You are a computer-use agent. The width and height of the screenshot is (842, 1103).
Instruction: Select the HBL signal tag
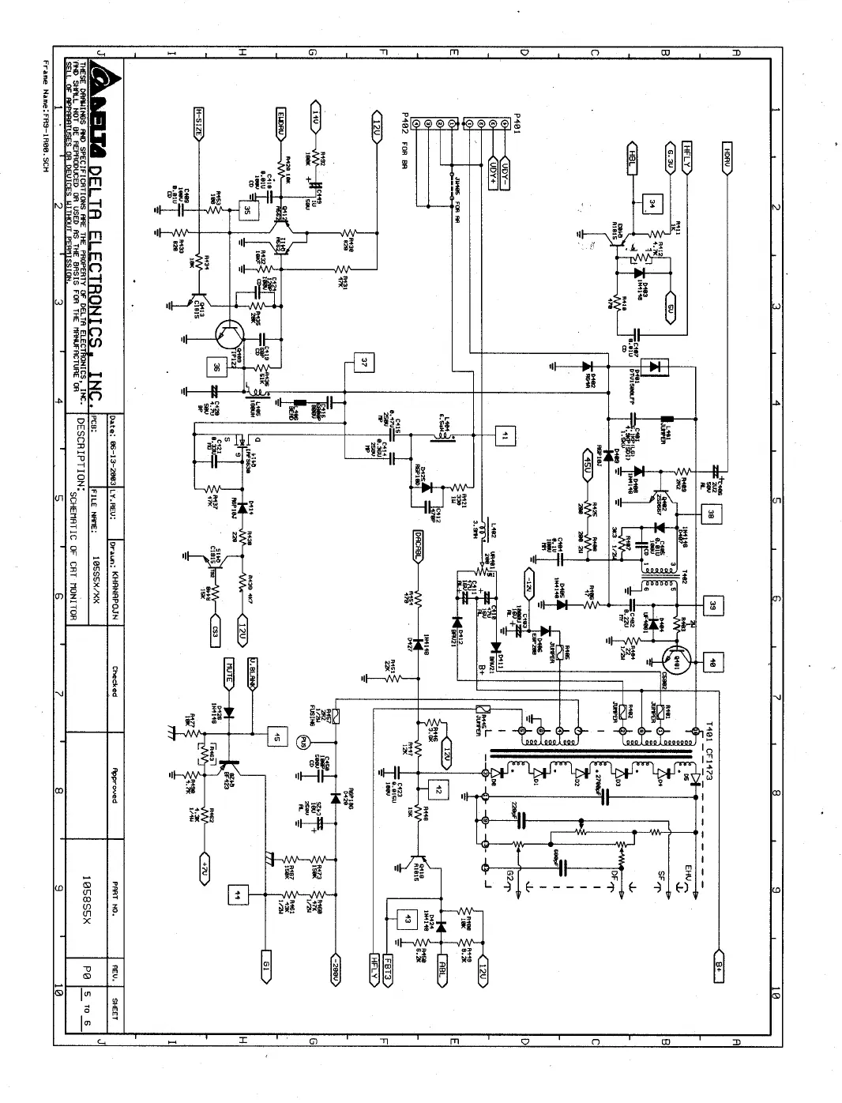click(632, 155)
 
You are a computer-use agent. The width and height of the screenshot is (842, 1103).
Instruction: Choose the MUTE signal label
click(229, 671)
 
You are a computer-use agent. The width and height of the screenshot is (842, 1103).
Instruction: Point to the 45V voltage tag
click(586, 461)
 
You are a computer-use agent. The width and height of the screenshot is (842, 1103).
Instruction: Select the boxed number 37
click(363, 363)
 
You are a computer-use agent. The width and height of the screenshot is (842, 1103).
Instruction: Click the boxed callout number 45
click(276, 737)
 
